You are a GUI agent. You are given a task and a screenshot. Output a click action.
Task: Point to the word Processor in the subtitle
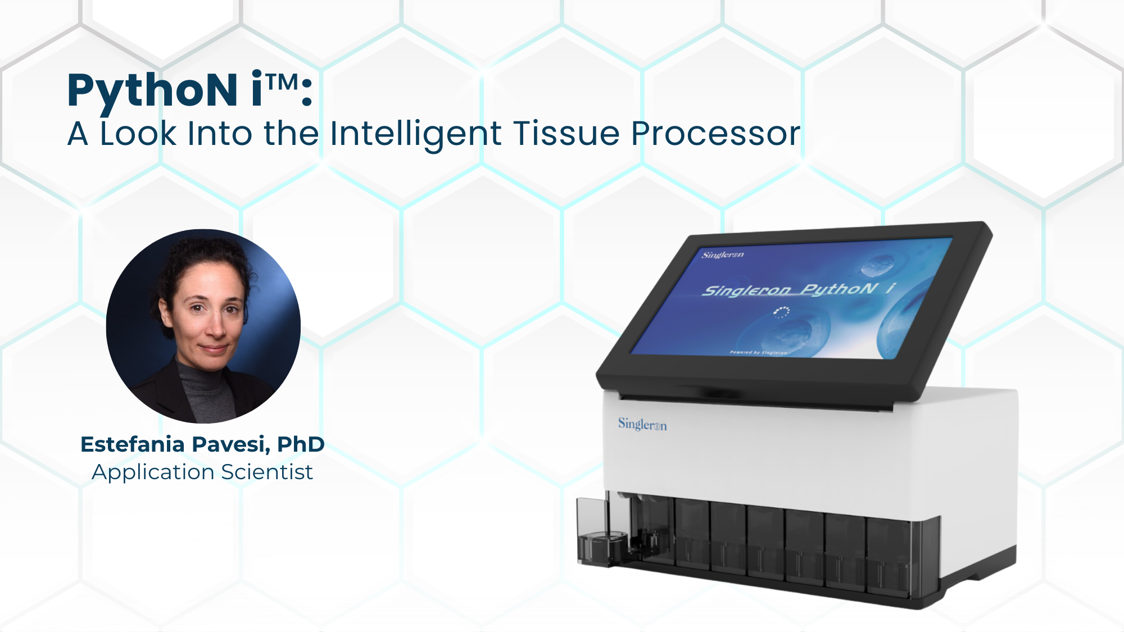click(x=715, y=135)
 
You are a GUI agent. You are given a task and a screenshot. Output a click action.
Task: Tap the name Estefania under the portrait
click(x=133, y=444)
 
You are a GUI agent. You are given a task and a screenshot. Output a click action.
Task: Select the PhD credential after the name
click(x=301, y=444)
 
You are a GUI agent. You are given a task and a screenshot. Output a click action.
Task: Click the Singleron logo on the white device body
click(x=642, y=425)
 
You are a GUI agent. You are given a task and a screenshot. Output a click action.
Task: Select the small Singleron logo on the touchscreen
click(x=723, y=255)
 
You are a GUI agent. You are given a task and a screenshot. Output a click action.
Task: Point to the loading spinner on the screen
click(x=782, y=312)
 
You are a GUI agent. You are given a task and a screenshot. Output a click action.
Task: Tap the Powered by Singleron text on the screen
click(x=758, y=352)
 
